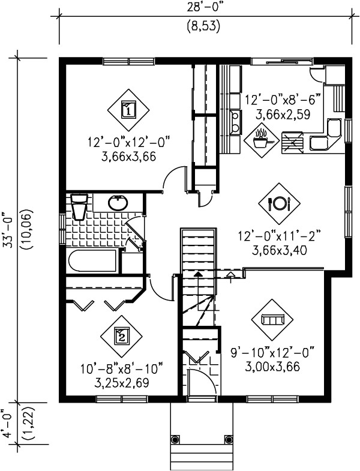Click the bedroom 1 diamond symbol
(x=127, y=109)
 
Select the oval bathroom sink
(x=118, y=203)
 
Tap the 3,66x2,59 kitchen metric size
(x=283, y=113)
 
